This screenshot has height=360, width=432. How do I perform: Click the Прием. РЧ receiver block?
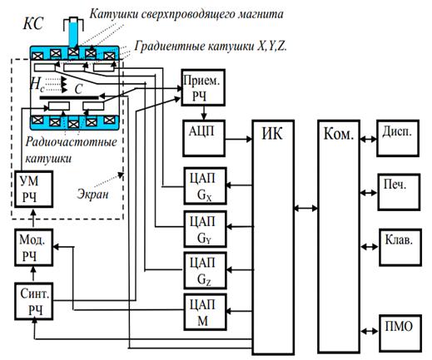tap(203, 87)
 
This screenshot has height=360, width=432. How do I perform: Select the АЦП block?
tap(204, 138)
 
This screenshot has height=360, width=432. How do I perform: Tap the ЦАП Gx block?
tap(205, 186)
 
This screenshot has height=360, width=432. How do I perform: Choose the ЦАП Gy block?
tap(205, 229)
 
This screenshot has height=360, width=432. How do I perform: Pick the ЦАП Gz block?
tap(205, 270)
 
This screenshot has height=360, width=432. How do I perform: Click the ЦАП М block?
tap(205, 312)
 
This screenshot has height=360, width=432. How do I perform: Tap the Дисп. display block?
tap(398, 138)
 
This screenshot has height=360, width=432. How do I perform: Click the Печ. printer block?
tap(399, 192)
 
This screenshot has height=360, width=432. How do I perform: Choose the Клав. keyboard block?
tap(400, 247)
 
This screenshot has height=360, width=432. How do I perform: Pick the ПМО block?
tap(400, 333)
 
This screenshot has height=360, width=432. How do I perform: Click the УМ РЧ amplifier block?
tap(33, 189)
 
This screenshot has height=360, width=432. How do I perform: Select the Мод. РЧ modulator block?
tap(33, 248)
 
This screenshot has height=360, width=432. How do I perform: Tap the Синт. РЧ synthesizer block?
tap(33, 302)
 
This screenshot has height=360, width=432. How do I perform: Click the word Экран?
tap(92, 195)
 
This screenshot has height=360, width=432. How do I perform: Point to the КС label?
tap(33, 22)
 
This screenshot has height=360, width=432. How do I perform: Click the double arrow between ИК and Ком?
tap(306, 208)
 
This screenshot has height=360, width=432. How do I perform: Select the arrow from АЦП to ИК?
tap(239, 139)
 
